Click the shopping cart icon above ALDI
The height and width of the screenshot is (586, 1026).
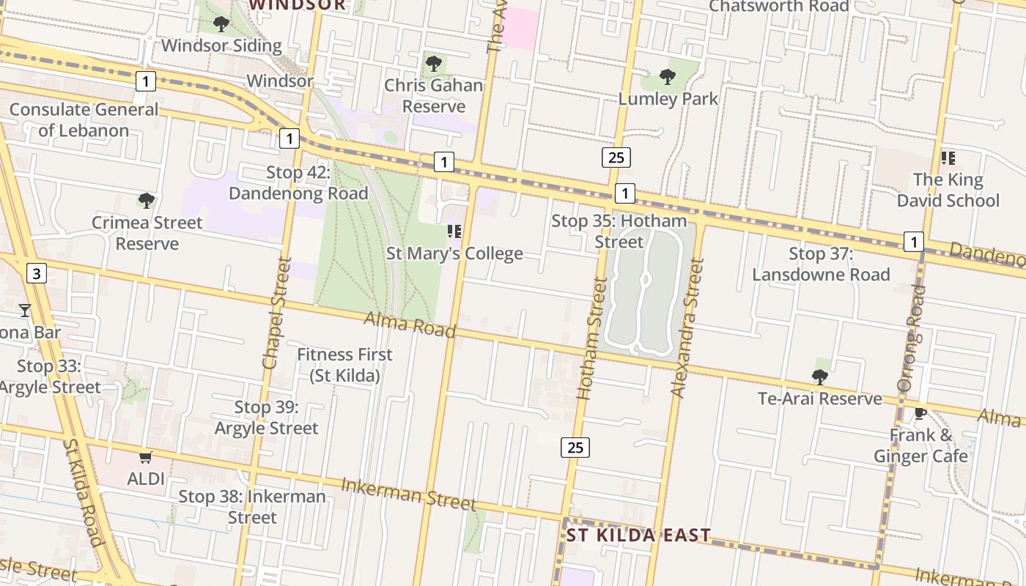pyautogui.click(x=145, y=458)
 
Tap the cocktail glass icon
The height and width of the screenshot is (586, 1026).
pyautogui.click(x=25, y=311)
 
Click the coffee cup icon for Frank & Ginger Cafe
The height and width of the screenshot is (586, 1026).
pyautogui.click(x=920, y=413)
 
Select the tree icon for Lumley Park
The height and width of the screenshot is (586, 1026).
pyautogui.click(x=667, y=76)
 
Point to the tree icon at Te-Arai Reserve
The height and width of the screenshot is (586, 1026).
pyautogui.click(x=820, y=377)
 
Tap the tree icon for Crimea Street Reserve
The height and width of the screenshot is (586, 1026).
pyautogui.click(x=147, y=200)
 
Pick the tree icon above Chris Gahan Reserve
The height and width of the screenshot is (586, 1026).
pyautogui.click(x=434, y=64)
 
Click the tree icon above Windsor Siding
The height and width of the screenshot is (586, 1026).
pyautogui.click(x=221, y=24)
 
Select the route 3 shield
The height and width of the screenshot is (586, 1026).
pyautogui.click(x=37, y=273)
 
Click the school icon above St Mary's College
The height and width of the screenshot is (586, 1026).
pyautogui.click(x=454, y=231)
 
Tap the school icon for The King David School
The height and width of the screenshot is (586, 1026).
pyautogui.click(x=948, y=157)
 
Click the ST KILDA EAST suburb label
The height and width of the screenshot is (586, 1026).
pyautogui.click(x=638, y=535)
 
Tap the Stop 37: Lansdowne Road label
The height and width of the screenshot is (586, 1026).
pyautogui.click(x=821, y=264)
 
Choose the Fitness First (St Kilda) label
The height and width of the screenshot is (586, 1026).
pyautogui.click(x=344, y=365)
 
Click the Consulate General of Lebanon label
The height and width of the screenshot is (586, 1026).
pyautogui.click(x=84, y=120)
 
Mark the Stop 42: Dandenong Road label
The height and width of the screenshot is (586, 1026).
pyautogui.click(x=298, y=183)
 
